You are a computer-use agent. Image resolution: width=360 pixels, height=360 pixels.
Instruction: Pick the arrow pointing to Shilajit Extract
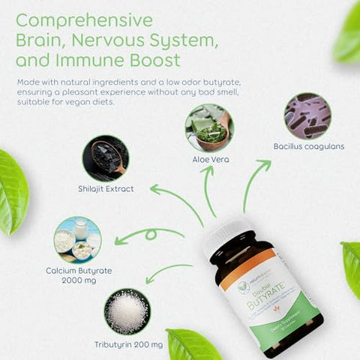pos(176,202)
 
